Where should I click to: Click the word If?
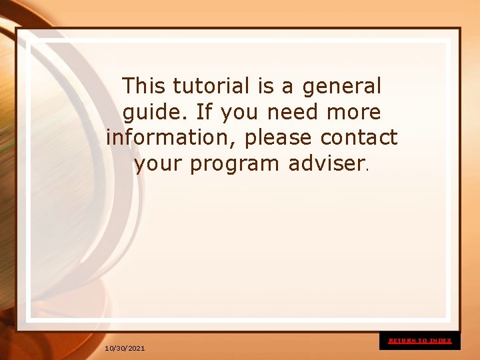203,111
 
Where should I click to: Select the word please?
279,138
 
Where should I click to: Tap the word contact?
359,137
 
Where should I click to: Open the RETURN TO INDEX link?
420,341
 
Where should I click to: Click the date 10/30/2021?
125,349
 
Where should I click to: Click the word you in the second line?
238,112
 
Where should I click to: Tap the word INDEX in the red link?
441,341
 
